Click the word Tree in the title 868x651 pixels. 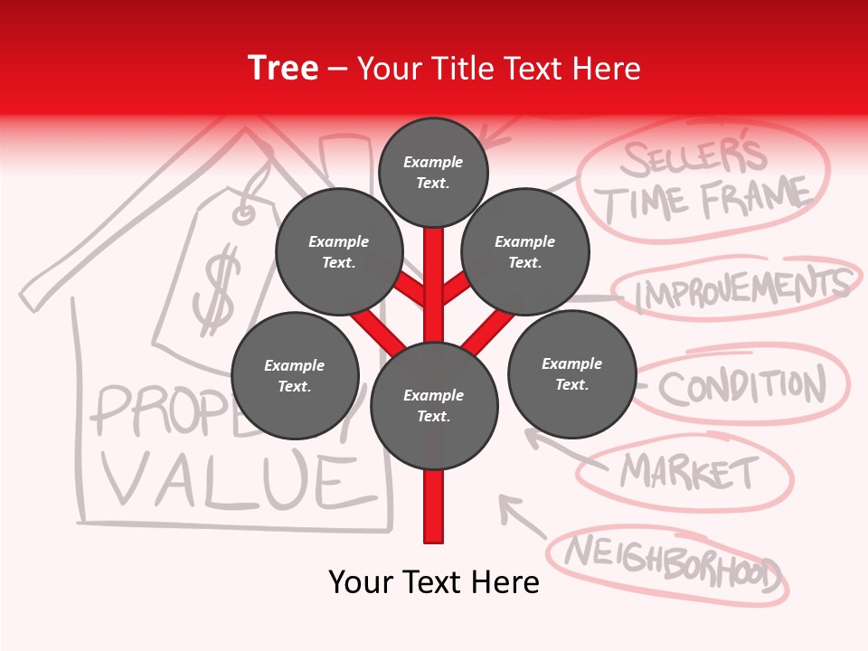tap(283, 68)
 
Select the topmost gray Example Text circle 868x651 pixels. tap(433, 172)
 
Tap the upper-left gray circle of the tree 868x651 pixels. tap(338, 252)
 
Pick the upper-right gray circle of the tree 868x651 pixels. tap(525, 252)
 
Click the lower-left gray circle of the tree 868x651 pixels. tap(295, 376)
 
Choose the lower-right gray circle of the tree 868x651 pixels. tap(571, 374)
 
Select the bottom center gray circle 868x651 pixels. tap(434, 406)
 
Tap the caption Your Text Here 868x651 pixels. tap(434, 582)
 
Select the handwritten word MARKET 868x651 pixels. tap(689, 470)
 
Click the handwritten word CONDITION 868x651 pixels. tap(741, 387)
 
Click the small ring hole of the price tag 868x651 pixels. tap(244, 214)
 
